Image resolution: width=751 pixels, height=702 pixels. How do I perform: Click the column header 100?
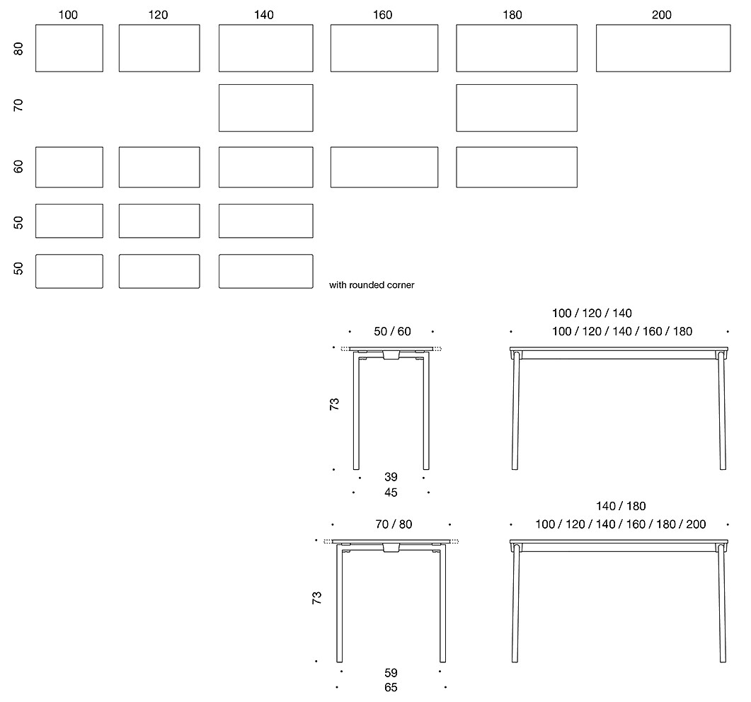[68, 15]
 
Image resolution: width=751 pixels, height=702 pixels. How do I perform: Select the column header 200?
[661, 15]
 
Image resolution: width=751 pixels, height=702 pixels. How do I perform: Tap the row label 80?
[18, 49]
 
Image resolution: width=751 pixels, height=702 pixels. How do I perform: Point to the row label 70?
[18, 105]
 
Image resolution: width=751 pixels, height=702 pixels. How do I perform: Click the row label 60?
[18, 166]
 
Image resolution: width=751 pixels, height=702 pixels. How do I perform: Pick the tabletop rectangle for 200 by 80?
[663, 25]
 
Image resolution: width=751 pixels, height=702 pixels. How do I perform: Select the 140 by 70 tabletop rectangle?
[266, 85]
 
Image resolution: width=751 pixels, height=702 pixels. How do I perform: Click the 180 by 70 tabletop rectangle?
[517, 85]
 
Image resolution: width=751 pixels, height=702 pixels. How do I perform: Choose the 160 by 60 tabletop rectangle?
[384, 147]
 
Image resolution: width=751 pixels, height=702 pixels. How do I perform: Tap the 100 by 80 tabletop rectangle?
[69, 25]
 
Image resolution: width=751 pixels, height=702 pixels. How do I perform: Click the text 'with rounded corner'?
[372, 285]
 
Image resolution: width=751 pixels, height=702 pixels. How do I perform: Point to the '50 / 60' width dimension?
[392, 331]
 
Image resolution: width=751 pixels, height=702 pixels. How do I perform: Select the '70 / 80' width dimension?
[394, 524]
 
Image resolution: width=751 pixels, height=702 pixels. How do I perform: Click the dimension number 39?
[391, 477]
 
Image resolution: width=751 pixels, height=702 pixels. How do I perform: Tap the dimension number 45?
[391, 493]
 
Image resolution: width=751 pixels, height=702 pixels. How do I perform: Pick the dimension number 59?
[391, 673]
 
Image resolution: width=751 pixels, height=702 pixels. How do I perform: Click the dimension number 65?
[391, 688]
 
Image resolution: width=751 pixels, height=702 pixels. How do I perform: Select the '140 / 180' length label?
[621, 506]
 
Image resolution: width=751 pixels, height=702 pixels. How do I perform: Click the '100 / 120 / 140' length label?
[592, 313]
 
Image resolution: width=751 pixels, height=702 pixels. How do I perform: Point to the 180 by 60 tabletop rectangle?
[517, 147]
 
